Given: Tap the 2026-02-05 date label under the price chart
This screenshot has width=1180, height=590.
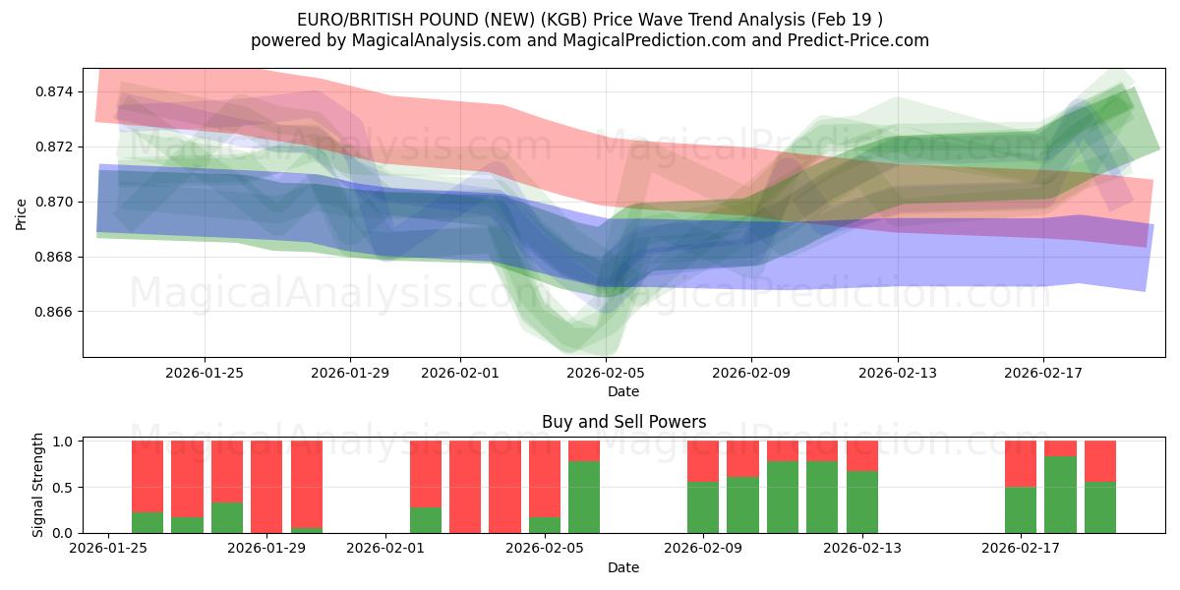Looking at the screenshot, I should (606, 374).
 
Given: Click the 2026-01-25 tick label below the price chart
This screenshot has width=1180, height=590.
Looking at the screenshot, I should (205, 374).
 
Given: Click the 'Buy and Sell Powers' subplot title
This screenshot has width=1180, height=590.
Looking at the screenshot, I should (623, 422).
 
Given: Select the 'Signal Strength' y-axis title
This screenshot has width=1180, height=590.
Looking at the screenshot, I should (39, 485).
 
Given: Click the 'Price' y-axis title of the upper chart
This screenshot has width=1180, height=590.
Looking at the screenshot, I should (22, 213).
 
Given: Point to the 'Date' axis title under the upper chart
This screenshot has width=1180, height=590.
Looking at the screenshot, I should (623, 391).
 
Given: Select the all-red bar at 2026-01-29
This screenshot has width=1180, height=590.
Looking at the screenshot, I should (266, 487).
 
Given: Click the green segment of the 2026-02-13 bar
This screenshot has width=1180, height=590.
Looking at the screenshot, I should (862, 501).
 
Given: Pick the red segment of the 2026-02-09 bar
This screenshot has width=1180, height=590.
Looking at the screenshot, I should (703, 461).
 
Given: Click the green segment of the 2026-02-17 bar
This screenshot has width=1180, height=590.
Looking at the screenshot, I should (1021, 509).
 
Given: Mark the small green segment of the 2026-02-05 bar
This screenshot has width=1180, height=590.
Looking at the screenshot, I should (545, 525).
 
